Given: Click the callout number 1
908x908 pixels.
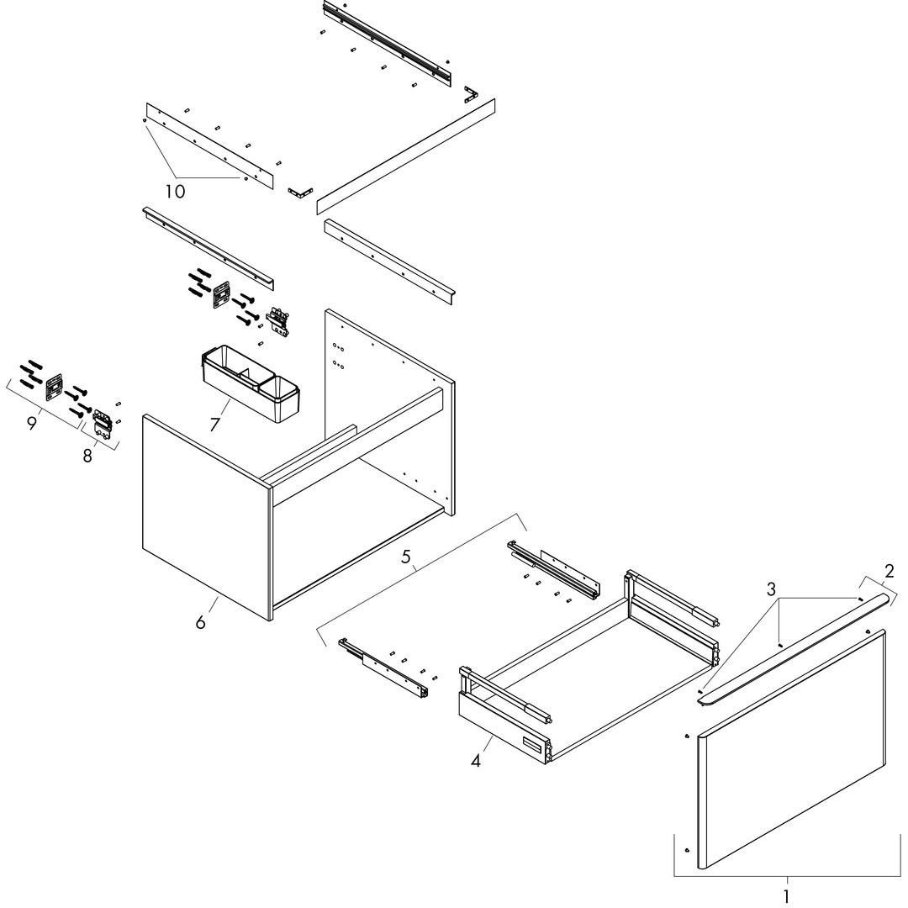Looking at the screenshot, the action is tap(786, 896).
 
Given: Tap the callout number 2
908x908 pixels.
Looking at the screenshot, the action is tap(889, 571).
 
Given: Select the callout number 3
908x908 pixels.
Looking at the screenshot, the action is tap(771, 589).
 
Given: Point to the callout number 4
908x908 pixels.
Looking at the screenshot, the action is tap(475, 760).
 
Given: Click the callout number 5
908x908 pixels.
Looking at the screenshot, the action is tap(406, 557).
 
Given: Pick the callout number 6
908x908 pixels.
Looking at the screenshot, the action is tap(200, 622).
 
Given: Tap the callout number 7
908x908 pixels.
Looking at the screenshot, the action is tap(215, 425).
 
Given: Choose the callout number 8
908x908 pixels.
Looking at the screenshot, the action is tap(87, 456).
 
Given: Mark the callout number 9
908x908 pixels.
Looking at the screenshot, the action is tap(31, 423).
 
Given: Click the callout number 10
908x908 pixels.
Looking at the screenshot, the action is tap(175, 191).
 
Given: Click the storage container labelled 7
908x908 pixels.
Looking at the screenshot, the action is tap(251, 383).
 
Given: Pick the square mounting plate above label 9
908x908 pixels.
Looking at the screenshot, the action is tap(54, 386).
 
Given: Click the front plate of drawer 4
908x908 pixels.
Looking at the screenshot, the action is tap(504, 728).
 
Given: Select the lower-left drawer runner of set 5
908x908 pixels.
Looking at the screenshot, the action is tap(384, 667).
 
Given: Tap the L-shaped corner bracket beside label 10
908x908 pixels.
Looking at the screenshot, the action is tap(300, 193).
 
